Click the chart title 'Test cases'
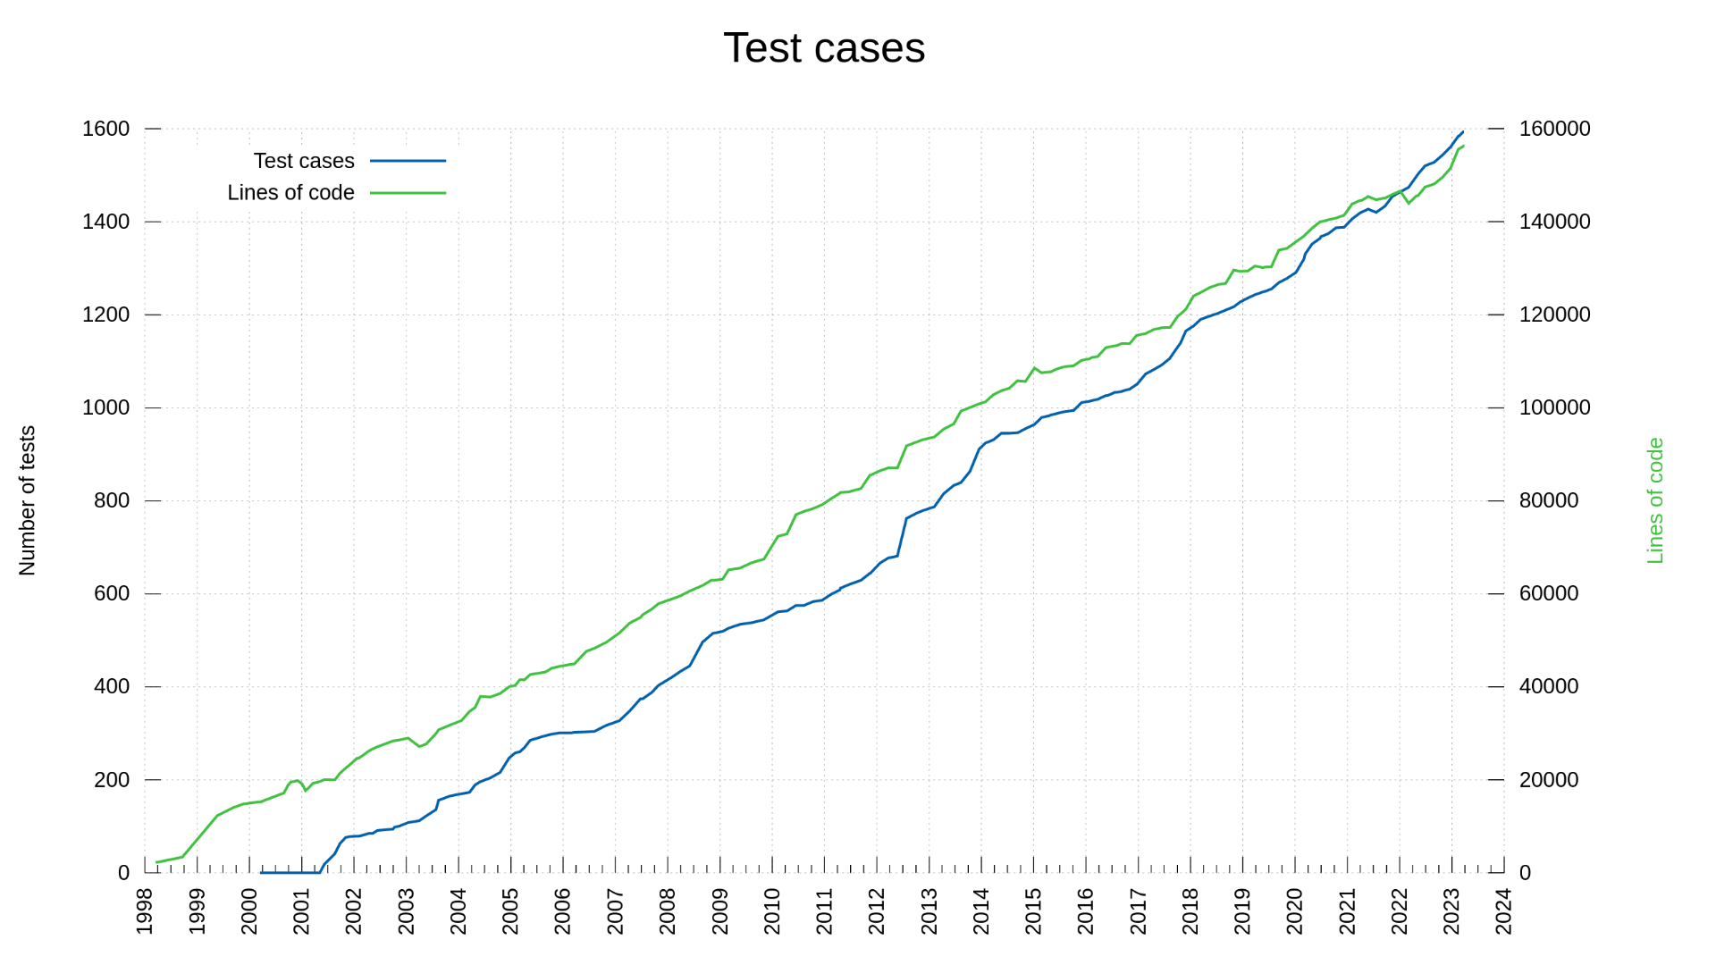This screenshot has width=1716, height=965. click(x=823, y=48)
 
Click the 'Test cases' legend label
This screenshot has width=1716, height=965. click(x=304, y=161)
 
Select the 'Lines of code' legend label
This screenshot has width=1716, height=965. click(x=290, y=193)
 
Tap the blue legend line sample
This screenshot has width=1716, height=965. click(x=408, y=161)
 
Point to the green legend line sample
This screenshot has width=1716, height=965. click(x=408, y=193)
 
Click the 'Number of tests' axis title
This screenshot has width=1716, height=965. click(x=28, y=500)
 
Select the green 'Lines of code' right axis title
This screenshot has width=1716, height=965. click(x=1655, y=500)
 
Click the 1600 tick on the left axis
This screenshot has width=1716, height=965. click(x=106, y=129)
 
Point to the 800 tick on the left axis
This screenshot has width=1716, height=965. click(x=112, y=500)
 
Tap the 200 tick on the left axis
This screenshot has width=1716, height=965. click(x=112, y=780)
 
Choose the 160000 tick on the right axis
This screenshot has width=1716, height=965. click(x=1554, y=129)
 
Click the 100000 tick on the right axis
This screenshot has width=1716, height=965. click(x=1554, y=407)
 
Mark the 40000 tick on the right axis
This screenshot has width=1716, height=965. click(x=1549, y=686)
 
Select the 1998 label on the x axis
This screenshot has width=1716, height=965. click(x=145, y=911)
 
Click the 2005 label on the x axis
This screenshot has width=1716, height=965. click(x=510, y=911)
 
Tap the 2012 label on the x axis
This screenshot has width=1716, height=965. click(x=877, y=911)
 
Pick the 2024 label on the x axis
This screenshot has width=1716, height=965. click(x=1504, y=911)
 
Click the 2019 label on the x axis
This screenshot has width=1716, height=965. click(x=1242, y=911)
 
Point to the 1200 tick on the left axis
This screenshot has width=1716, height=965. click(x=106, y=315)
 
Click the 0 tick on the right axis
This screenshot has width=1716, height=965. click(x=1525, y=873)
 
